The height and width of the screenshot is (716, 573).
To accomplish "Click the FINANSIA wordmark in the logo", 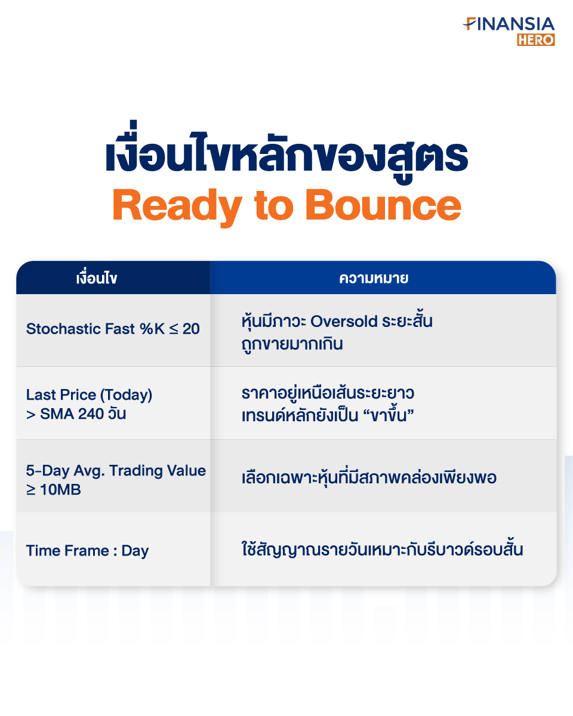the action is tap(509, 24).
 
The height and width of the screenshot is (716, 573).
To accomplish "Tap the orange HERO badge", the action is tap(536, 40).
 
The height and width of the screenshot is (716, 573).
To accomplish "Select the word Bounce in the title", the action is tap(383, 204).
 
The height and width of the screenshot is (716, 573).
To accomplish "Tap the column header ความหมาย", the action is tap(374, 278).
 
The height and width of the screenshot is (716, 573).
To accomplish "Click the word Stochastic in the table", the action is tap(64, 329).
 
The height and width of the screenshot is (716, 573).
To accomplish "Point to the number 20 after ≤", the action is tap(191, 329).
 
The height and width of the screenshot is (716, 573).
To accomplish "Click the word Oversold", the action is tap(344, 322).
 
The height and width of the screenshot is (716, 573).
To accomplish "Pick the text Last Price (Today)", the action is tap(89, 395).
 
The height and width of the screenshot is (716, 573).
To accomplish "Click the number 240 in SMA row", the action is tap(91, 414).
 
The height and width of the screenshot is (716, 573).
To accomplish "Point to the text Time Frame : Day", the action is tap(88, 551).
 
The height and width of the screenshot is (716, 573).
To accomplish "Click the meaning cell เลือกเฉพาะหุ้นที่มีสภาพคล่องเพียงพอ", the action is tap(369, 477).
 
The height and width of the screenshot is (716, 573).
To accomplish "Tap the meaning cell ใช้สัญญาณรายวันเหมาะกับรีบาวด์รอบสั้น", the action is tap(382, 549).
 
